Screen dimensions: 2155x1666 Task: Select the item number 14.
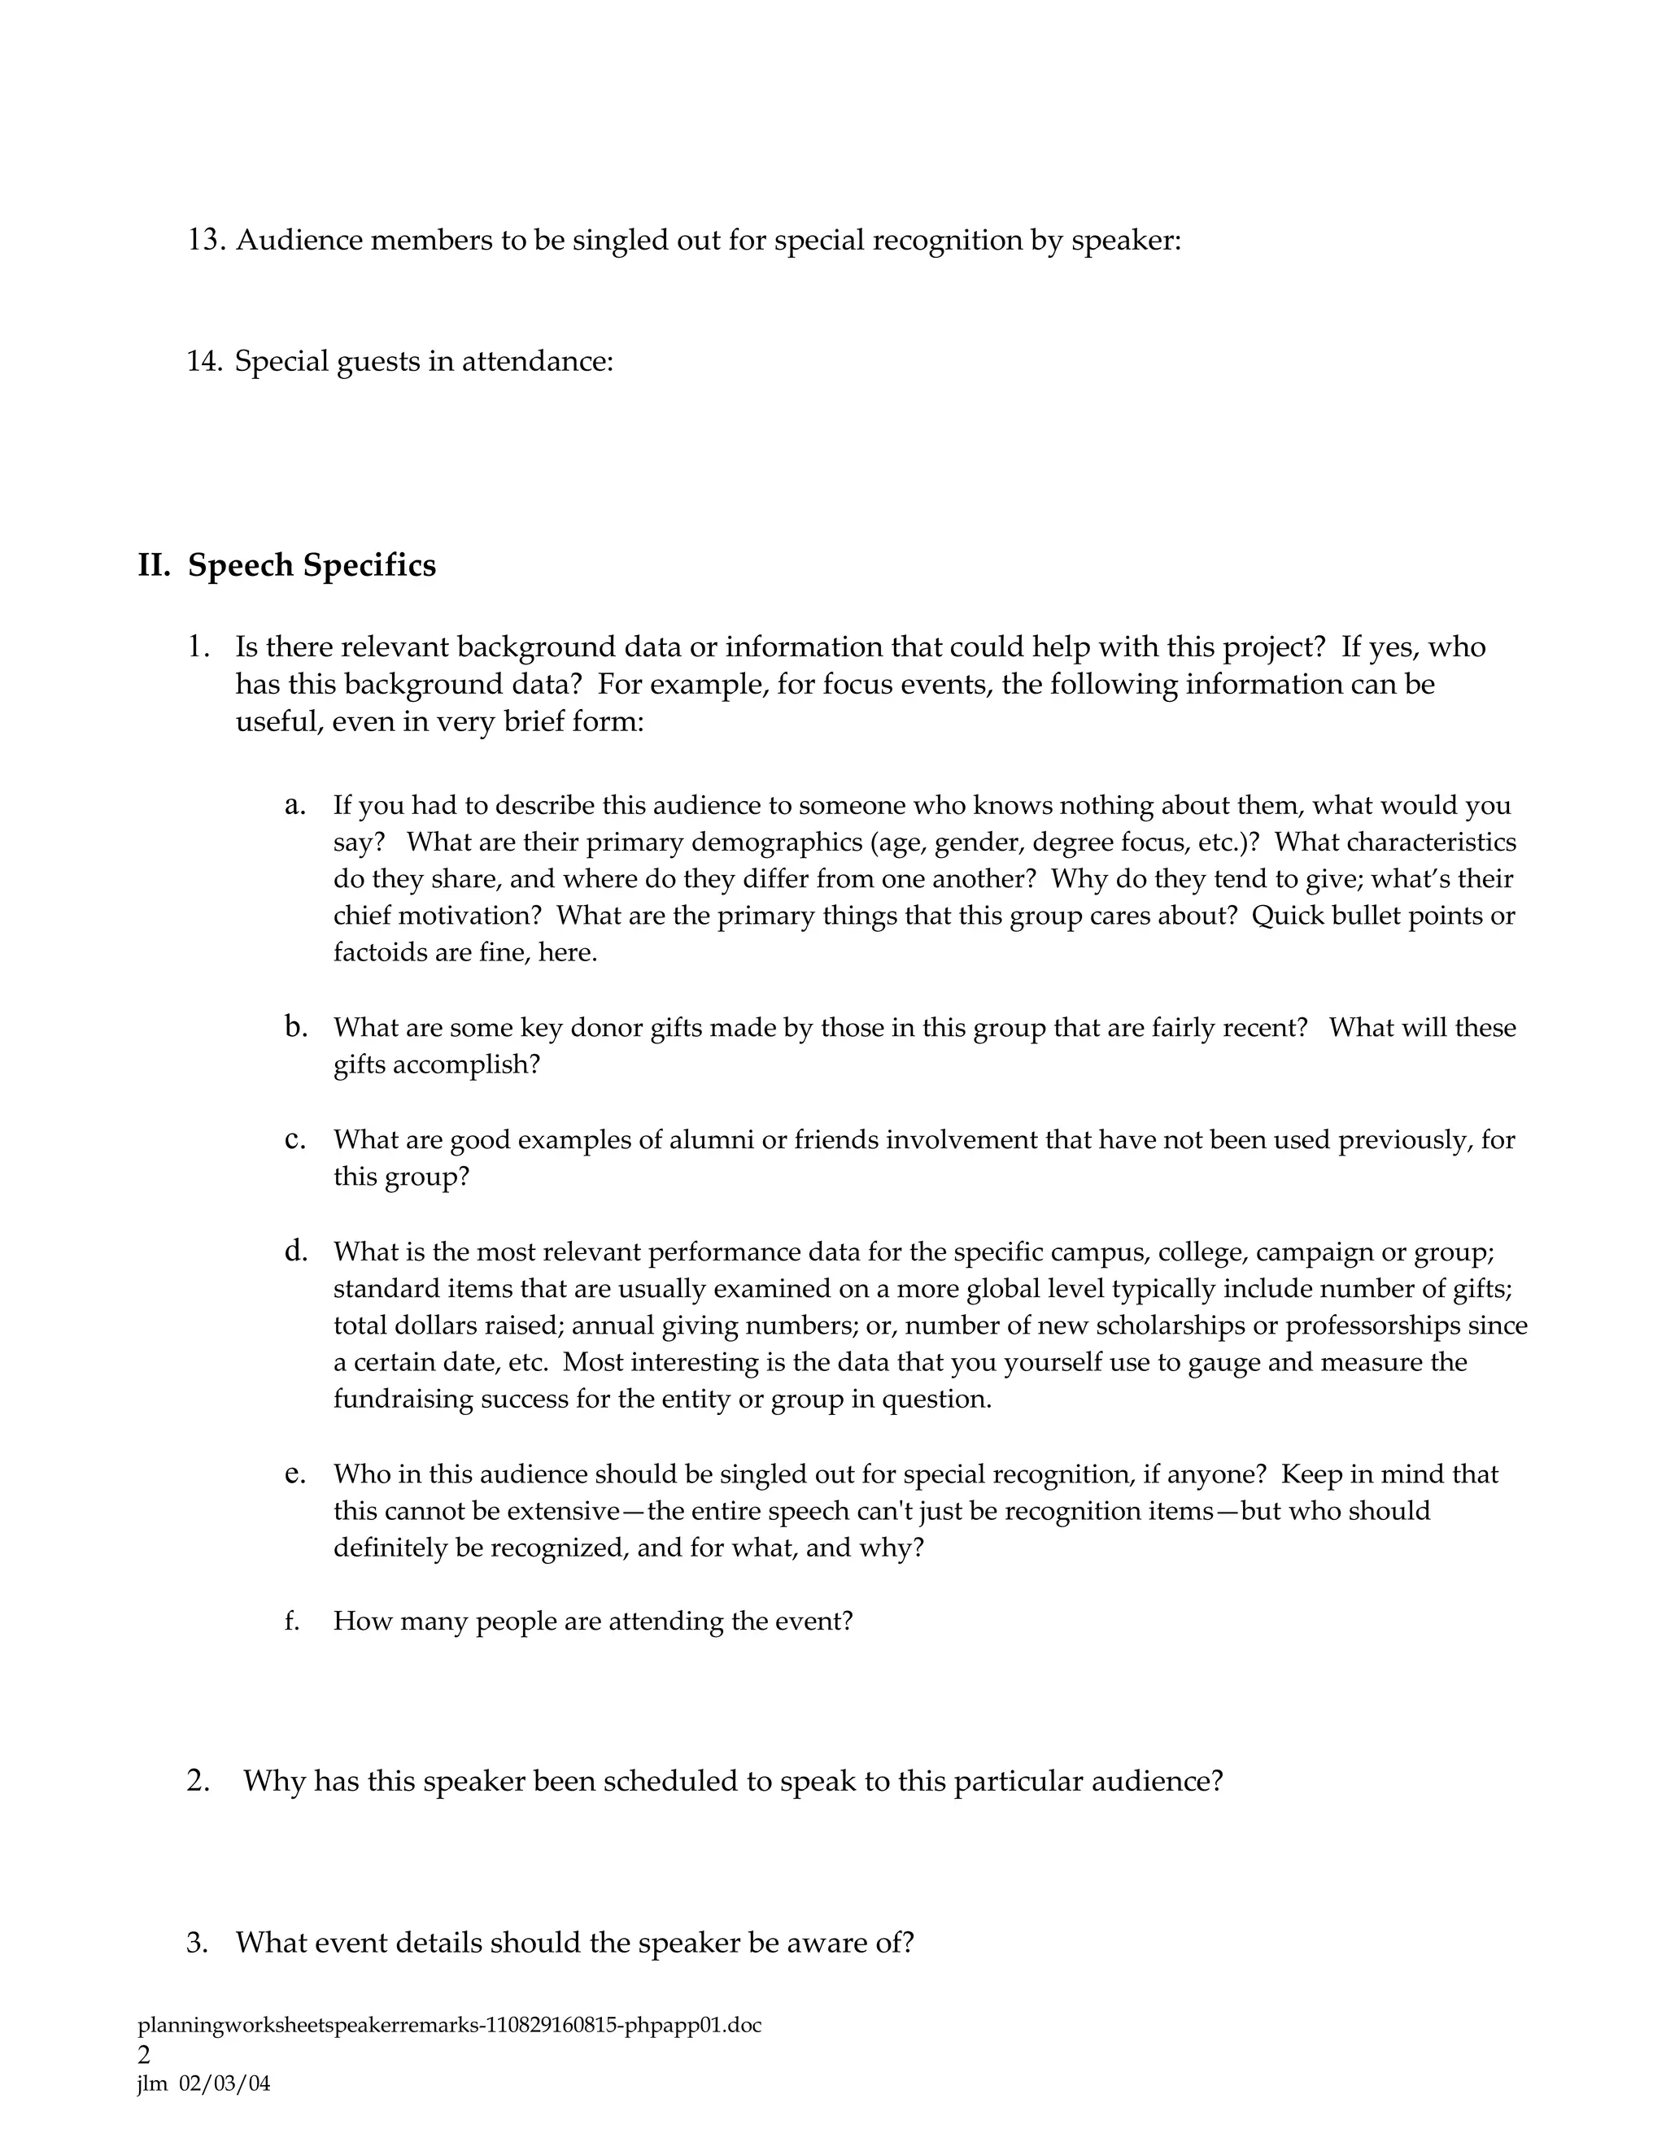click(x=203, y=361)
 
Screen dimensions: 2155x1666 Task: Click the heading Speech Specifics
click(x=311, y=565)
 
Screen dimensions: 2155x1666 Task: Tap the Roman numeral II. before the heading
click(x=154, y=565)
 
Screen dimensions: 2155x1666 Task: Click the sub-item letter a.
click(x=294, y=805)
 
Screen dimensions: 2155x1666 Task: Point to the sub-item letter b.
click(x=295, y=1027)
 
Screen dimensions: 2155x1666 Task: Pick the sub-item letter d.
click(x=295, y=1252)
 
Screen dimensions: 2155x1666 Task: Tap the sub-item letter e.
click(x=294, y=1474)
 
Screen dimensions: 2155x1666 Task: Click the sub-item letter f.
click(x=291, y=1622)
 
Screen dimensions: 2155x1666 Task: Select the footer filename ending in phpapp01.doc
click(x=449, y=2026)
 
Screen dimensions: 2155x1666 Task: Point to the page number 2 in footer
click(x=144, y=2054)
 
